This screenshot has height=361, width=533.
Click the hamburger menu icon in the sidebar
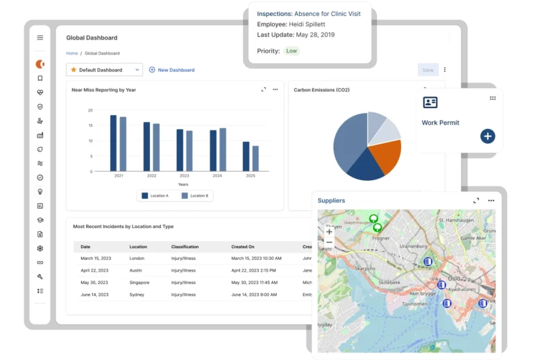coord(40,37)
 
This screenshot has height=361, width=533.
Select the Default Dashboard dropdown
coord(104,70)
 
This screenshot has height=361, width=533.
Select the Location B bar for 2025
coord(255,158)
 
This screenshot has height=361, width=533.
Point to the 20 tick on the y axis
coord(90,110)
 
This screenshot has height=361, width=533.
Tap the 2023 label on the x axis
coord(184,176)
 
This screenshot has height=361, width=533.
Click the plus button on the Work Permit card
coord(487,136)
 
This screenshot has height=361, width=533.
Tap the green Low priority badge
coord(291,51)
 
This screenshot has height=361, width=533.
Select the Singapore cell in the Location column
coord(139,283)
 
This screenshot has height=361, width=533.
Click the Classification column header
coord(185,247)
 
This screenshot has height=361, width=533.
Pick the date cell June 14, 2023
coord(94,294)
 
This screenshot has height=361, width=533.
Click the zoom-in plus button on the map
coord(329,231)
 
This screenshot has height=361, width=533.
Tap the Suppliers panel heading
coord(331,200)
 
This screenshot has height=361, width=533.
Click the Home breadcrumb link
coord(71,53)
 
